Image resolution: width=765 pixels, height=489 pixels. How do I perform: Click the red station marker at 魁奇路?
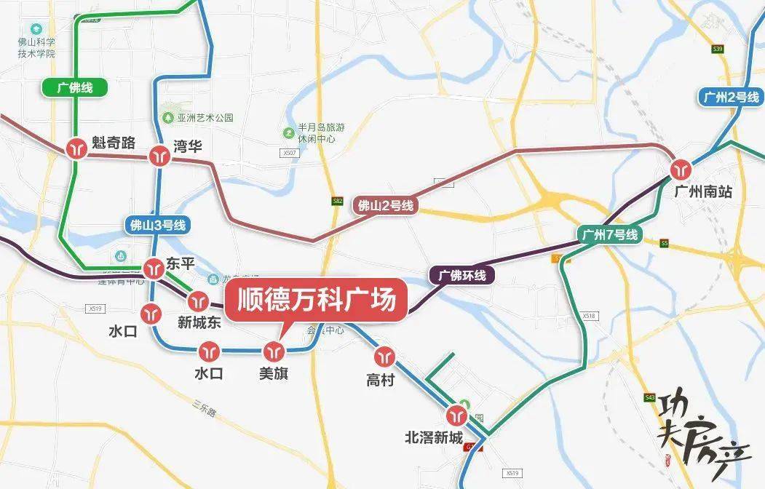point(76,148)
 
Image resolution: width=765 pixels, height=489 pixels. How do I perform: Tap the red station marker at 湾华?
point(159,156)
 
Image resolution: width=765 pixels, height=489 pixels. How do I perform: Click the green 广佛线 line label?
point(75,88)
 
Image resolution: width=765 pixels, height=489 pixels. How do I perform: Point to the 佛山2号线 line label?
point(386,205)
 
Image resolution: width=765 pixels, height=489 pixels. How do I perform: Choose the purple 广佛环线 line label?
point(462,276)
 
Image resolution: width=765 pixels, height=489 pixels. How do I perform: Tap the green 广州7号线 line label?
point(609,234)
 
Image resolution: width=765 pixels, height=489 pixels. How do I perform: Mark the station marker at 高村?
point(384,357)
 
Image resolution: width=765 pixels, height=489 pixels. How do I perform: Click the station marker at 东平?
point(154,268)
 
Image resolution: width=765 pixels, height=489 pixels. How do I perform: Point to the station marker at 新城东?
point(198,301)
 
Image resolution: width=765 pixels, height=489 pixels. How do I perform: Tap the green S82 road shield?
point(337,200)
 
